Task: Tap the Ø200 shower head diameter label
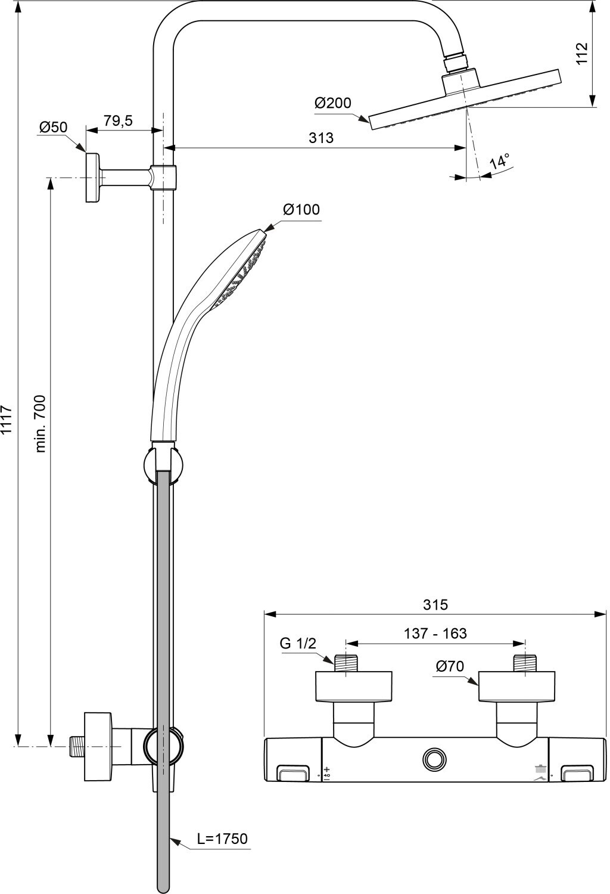[x=333, y=103]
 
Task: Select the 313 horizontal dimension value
[x=321, y=138]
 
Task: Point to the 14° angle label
[x=500, y=162]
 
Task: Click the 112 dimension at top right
[x=582, y=53]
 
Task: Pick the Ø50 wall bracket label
[x=54, y=127]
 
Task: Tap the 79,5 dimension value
[x=118, y=120]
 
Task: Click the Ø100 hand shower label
[x=301, y=209]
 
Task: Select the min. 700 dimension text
[x=41, y=423]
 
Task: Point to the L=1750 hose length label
[x=222, y=839]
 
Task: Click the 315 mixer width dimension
[x=435, y=604]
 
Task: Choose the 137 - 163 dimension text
[x=435, y=633]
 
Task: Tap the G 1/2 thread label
[x=298, y=643]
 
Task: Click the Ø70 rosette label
[x=450, y=666]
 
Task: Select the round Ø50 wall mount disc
[x=93, y=178]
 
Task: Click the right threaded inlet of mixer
[x=525, y=663]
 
